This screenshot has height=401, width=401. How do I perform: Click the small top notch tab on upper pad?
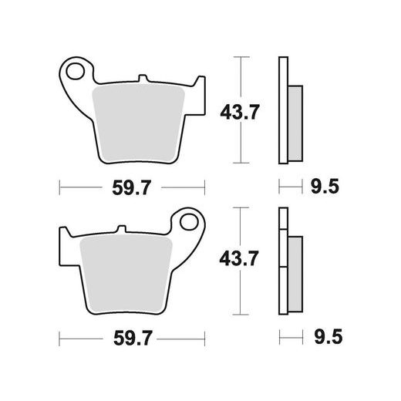pyautogui.click(x=143, y=79)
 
